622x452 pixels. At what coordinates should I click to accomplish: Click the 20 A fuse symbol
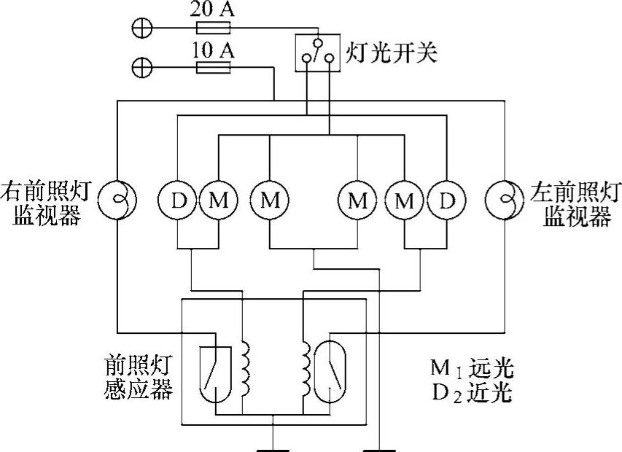point(214,28)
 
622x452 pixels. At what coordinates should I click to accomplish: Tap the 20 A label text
point(212,10)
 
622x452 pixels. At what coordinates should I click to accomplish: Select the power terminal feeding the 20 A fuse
point(141,28)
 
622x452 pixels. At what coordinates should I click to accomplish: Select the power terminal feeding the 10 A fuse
point(141,69)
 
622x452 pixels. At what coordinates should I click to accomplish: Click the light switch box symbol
point(318,53)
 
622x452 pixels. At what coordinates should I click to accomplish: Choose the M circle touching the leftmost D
point(218,199)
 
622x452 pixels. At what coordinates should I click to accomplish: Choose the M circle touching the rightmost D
point(404,199)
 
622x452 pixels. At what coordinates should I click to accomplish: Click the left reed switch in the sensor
point(215,372)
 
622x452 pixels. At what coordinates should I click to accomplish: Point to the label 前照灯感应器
point(138,378)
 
